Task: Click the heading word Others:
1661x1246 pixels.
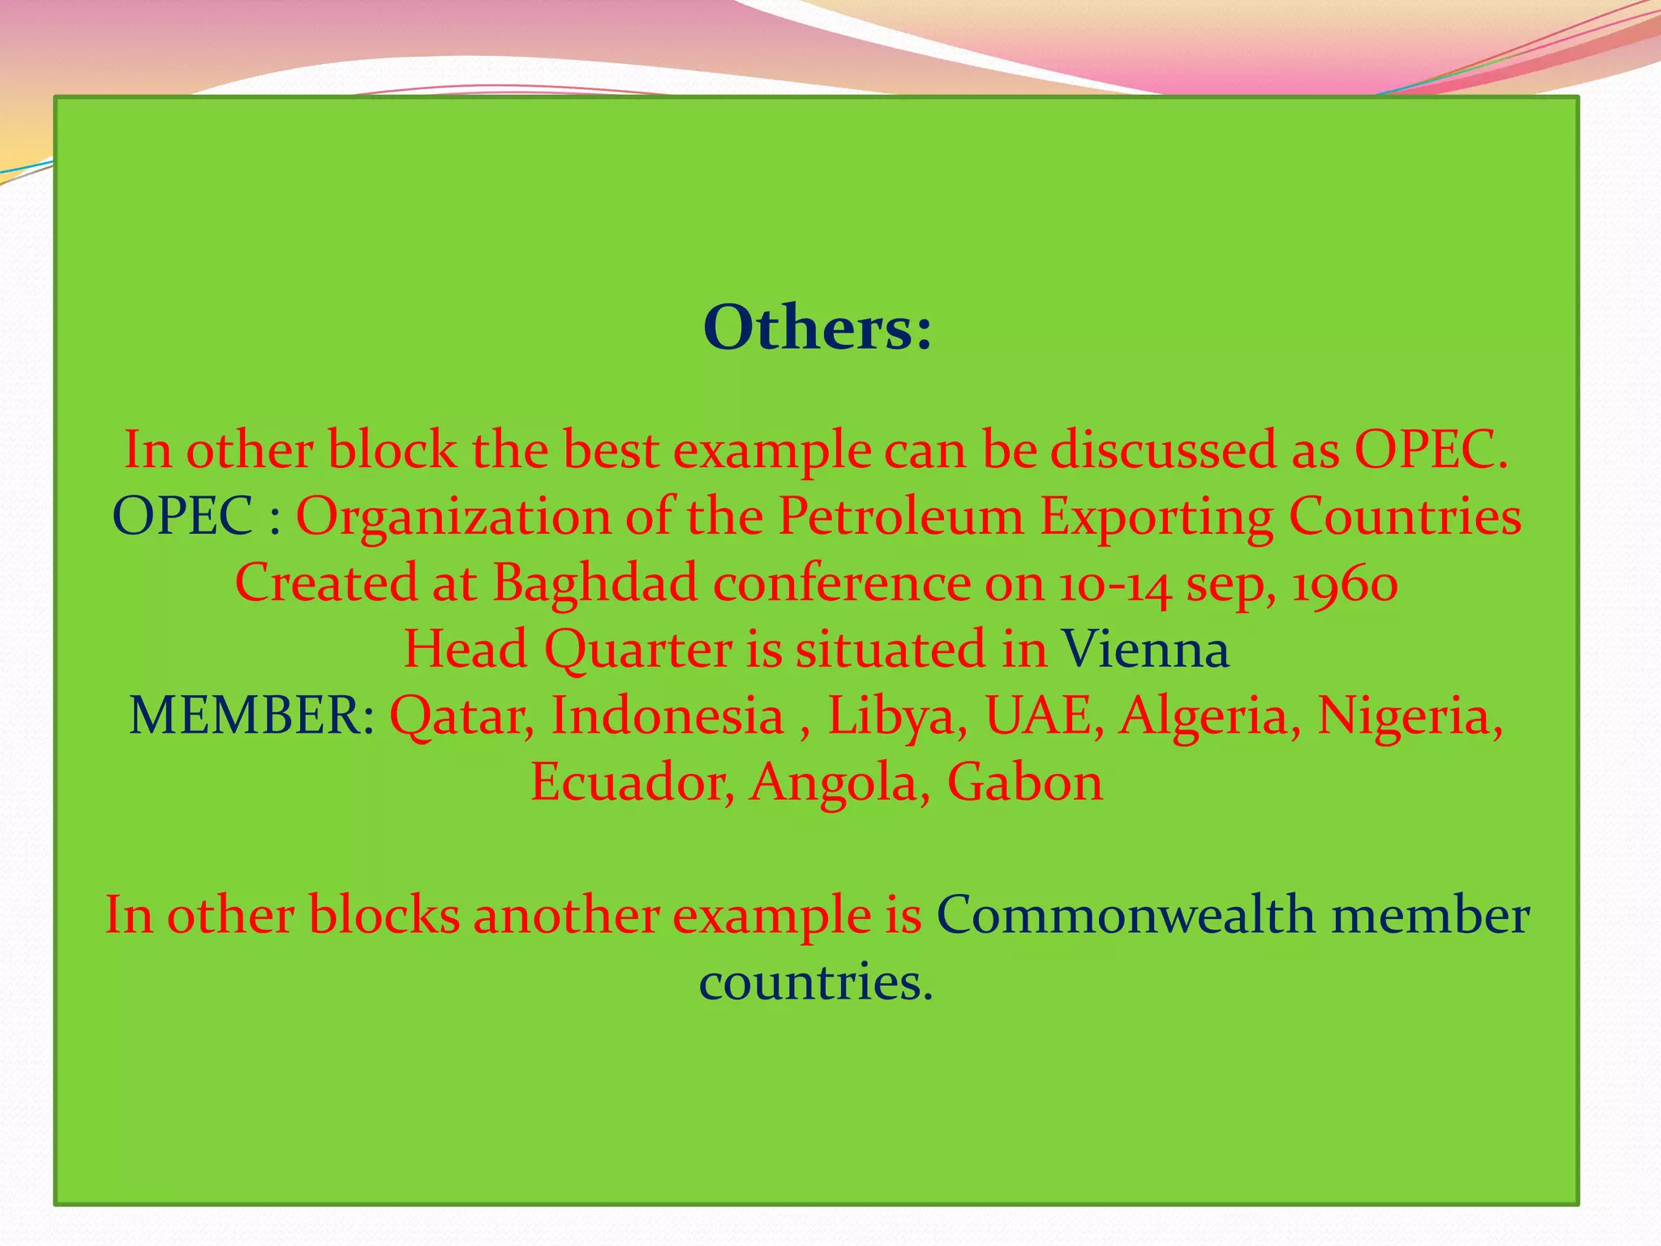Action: (818, 329)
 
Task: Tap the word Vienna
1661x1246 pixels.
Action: (1145, 650)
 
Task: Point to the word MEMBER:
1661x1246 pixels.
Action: (252, 716)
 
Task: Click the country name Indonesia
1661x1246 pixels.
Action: (667, 716)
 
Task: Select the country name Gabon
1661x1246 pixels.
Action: (1025, 783)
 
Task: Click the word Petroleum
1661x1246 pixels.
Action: (901, 517)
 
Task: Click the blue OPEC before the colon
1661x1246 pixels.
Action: (182, 517)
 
